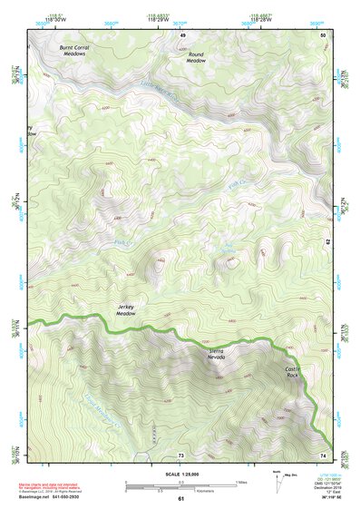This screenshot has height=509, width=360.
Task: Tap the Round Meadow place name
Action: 197,57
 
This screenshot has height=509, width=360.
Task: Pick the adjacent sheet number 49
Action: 181,34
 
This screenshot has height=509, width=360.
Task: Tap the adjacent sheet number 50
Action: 323,34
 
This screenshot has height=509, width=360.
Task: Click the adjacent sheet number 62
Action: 328,240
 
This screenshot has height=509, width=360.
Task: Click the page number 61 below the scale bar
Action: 180,498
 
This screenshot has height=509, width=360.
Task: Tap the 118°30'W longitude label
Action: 56,19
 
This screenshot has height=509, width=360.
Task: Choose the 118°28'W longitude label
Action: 263,19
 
